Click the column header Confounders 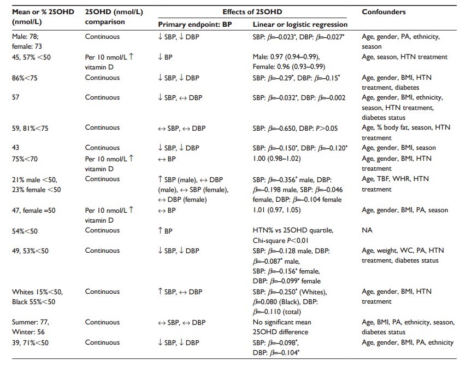point(382,11)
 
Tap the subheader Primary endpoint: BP point(194,25)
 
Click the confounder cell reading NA point(367,230)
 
